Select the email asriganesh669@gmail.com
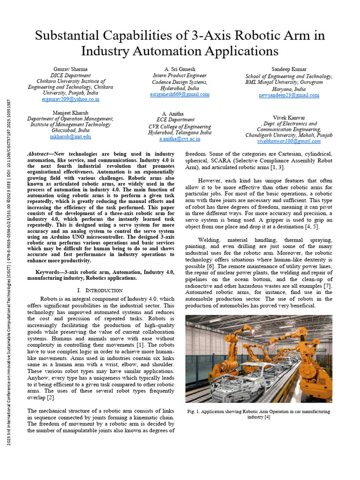tap(180, 94)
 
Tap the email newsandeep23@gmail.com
tap(289, 95)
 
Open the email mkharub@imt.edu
tap(70, 137)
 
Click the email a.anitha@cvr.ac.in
tap(180, 139)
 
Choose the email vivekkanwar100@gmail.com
tap(289, 141)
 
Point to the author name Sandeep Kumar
tap(289, 69)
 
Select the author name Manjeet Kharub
tap(70, 112)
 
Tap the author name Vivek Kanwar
tap(289, 117)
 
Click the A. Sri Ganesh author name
tap(180, 69)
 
